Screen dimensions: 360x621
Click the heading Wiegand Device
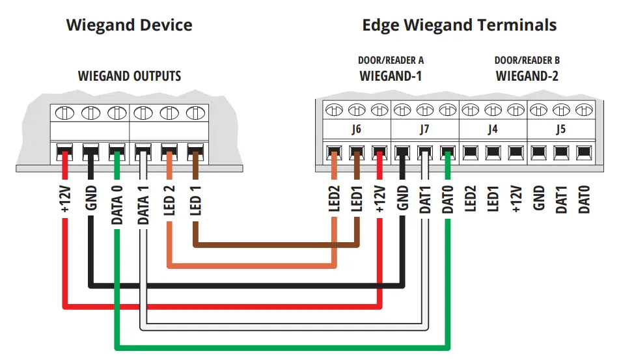[x=129, y=26]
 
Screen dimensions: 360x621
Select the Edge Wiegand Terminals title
[x=459, y=26]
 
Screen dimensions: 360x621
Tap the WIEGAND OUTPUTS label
[x=130, y=76]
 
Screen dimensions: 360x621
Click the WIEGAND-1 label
[x=391, y=76]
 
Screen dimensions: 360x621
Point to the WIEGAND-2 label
[x=527, y=76]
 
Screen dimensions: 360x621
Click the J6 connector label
[x=356, y=129]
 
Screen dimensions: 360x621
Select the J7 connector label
[x=424, y=129]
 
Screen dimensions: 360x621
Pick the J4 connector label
[x=493, y=129]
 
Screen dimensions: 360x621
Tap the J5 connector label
[x=560, y=129]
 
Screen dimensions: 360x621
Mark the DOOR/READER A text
[x=391, y=61]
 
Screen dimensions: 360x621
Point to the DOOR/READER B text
[x=527, y=61]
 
